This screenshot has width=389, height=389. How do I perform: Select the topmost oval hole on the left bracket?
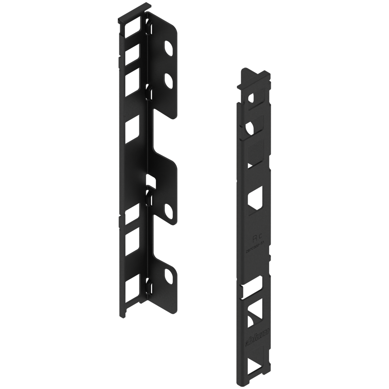click(169, 47)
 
